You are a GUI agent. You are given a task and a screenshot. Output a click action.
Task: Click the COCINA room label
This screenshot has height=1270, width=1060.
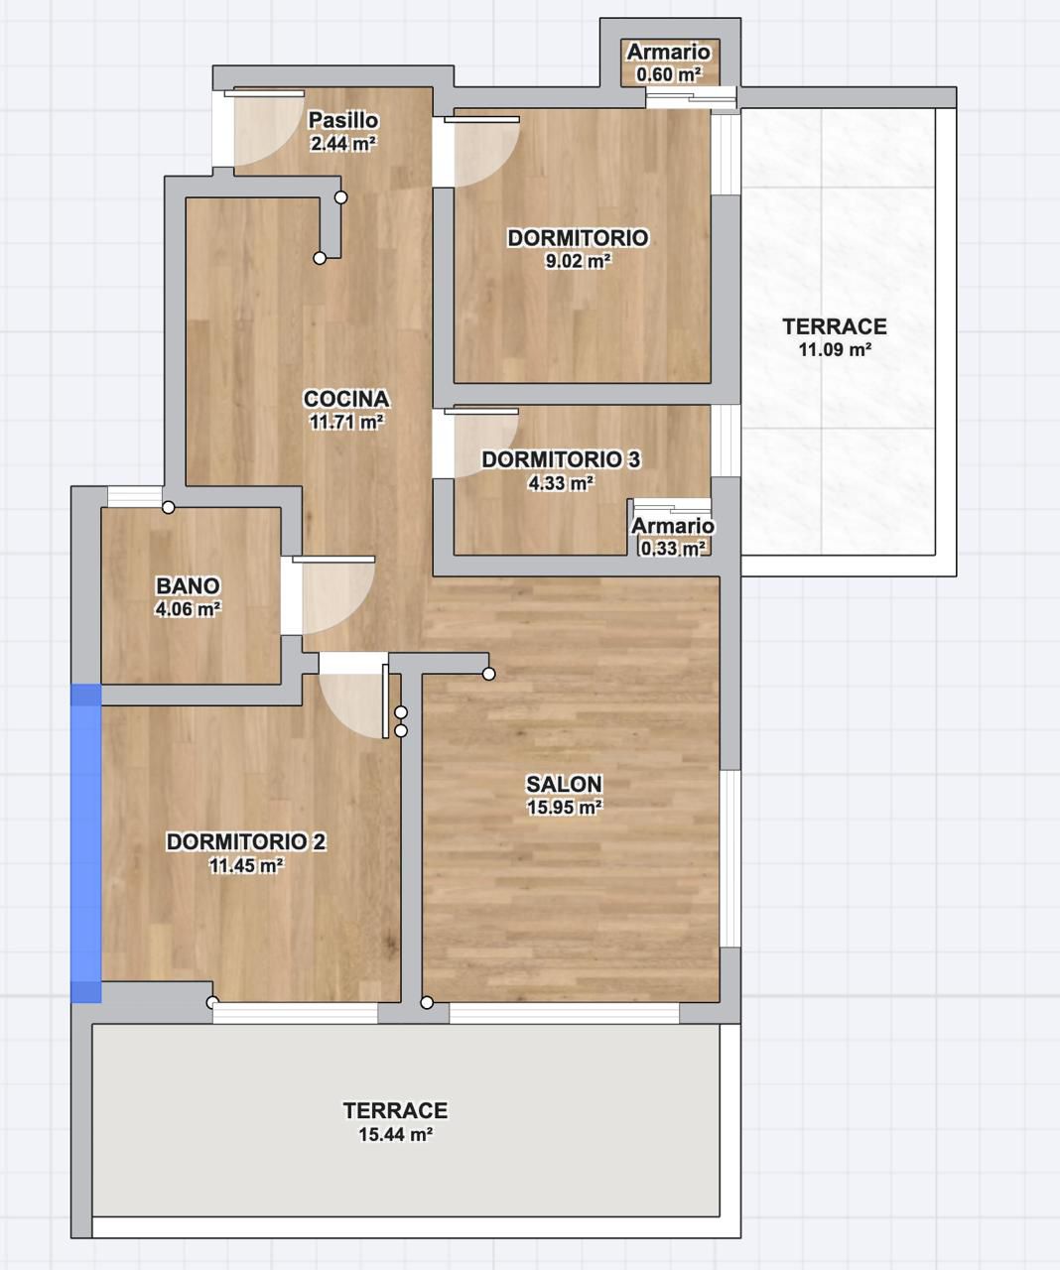(x=346, y=399)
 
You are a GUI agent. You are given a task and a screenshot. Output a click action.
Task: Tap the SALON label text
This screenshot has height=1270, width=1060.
(x=564, y=784)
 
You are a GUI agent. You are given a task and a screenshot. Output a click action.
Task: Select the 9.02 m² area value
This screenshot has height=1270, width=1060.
(x=578, y=261)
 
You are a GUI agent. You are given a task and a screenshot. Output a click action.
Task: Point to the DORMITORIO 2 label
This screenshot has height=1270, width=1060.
(x=246, y=841)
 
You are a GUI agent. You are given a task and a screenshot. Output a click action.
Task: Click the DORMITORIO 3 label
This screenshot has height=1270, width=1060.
(x=561, y=459)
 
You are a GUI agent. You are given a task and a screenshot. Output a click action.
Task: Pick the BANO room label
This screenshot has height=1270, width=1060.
(x=188, y=585)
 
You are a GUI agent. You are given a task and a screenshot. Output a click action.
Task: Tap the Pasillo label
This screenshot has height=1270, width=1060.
(x=343, y=120)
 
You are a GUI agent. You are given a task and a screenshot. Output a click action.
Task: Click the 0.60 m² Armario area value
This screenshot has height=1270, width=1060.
(x=669, y=74)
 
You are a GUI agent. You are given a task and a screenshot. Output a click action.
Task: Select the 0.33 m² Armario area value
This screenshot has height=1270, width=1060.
(x=673, y=548)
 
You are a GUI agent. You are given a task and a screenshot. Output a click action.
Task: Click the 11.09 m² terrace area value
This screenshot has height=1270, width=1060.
(x=835, y=349)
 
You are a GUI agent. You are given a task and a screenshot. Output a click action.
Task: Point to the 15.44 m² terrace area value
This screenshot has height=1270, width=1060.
(x=396, y=1134)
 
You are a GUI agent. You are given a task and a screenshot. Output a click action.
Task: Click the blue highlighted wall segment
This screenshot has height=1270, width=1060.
(x=85, y=842)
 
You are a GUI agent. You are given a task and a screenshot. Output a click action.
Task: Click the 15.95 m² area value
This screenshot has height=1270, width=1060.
(x=564, y=808)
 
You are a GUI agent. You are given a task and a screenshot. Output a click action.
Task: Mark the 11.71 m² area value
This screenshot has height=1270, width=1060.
(x=346, y=422)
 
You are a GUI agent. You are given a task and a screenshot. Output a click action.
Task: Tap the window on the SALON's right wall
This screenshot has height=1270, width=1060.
(x=730, y=858)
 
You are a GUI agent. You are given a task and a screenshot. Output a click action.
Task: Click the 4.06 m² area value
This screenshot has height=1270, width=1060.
(x=188, y=609)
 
